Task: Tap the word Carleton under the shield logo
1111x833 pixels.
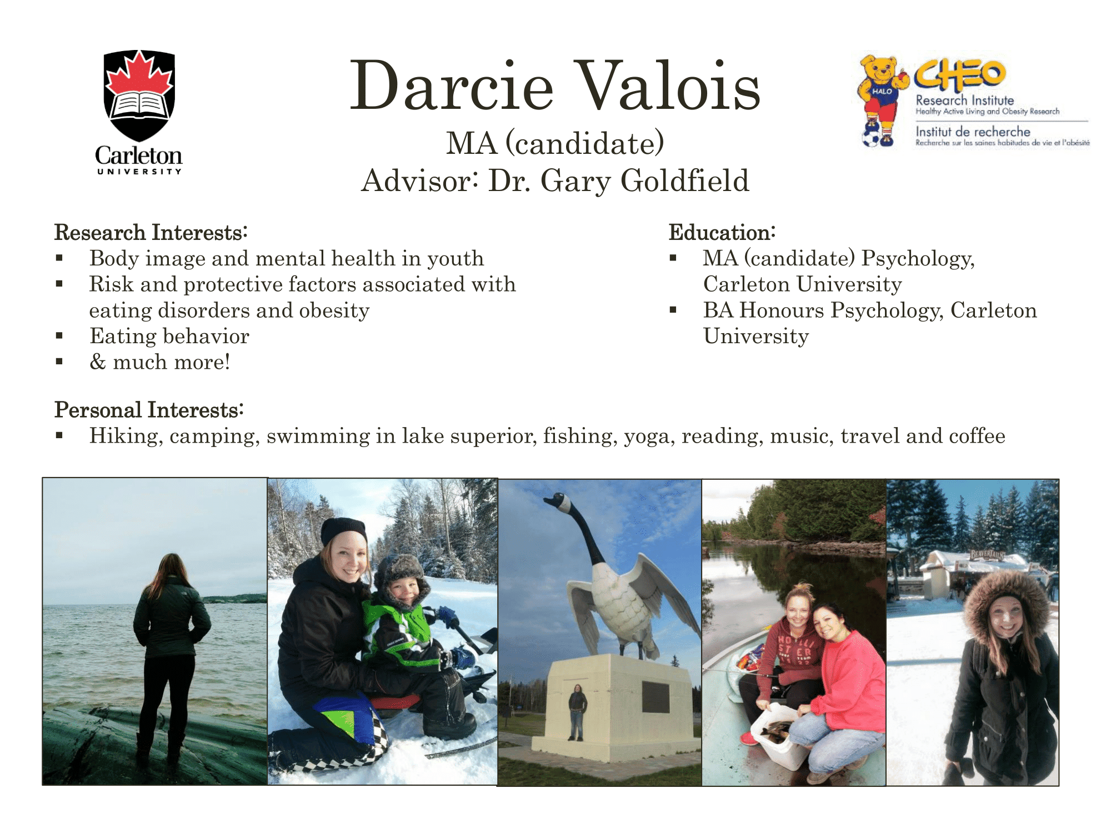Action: (x=139, y=155)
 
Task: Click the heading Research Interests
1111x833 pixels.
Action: (x=151, y=232)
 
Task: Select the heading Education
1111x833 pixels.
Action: (x=722, y=232)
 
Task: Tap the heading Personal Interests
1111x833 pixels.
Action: (x=149, y=410)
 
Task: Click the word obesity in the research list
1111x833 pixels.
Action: (x=334, y=310)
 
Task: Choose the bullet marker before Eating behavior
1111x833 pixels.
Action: (x=59, y=336)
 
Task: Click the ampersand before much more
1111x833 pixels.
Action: (x=98, y=362)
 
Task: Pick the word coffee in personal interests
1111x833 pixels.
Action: (x=977, y=435)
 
